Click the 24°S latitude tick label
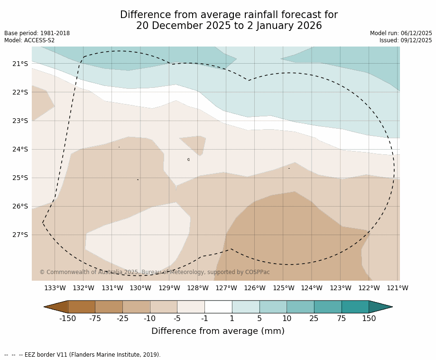point(20,149)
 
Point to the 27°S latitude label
point(20,235)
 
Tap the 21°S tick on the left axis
point(20,64)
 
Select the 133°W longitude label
point(55,288)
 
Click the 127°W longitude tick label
point(226,288)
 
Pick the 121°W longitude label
point(398,288)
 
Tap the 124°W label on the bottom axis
point(312,288)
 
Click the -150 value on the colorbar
point(67,319)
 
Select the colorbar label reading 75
point(342,319)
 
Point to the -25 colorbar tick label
point(122,319)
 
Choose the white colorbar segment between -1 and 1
point(218,307)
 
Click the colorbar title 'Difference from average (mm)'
point(218,332)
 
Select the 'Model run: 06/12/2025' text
point(401,33)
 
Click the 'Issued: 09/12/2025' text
point(406,40)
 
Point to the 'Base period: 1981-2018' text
point(37,33)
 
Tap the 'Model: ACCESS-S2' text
point(29,40)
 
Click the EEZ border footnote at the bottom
point(83,355)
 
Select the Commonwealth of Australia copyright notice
point(155,272)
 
